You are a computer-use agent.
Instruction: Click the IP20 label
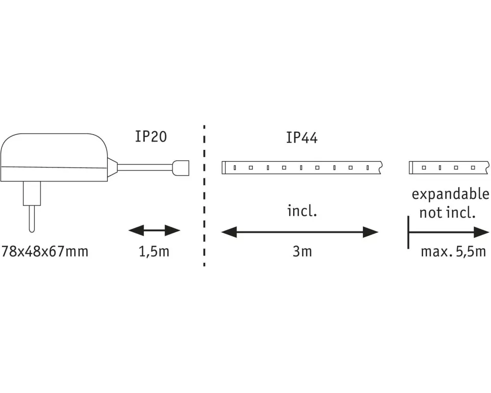tap(151, 137)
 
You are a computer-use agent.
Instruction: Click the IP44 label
tap(302, 138)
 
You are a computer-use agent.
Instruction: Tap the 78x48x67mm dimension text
tap(45, 252)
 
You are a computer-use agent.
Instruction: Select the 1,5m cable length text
tap(154, 252)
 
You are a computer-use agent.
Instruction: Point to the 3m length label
tap(302, 252)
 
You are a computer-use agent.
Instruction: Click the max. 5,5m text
tap(453, 252)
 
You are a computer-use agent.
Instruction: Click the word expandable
tap(450, 195)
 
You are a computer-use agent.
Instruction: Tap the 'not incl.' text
tap(447, 213)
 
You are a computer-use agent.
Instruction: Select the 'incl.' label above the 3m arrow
tap(302, 211)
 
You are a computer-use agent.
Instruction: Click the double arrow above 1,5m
tap(154, 231)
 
